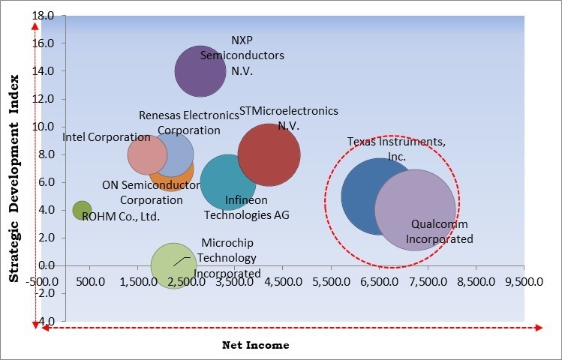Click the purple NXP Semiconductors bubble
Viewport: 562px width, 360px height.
(x=200, y=71)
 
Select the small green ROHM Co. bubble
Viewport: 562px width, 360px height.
(x=82, y=211)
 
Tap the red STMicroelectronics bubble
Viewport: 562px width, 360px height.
(x=269, y=155)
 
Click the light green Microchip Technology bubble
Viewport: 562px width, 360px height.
(x=174, y=265)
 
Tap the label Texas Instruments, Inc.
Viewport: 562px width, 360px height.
(x=397, y=149)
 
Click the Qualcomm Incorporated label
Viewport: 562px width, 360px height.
(x=440, y=232)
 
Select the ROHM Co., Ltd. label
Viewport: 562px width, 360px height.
(x=121, y=217)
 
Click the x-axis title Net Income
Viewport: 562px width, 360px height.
(x=256, y=345)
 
